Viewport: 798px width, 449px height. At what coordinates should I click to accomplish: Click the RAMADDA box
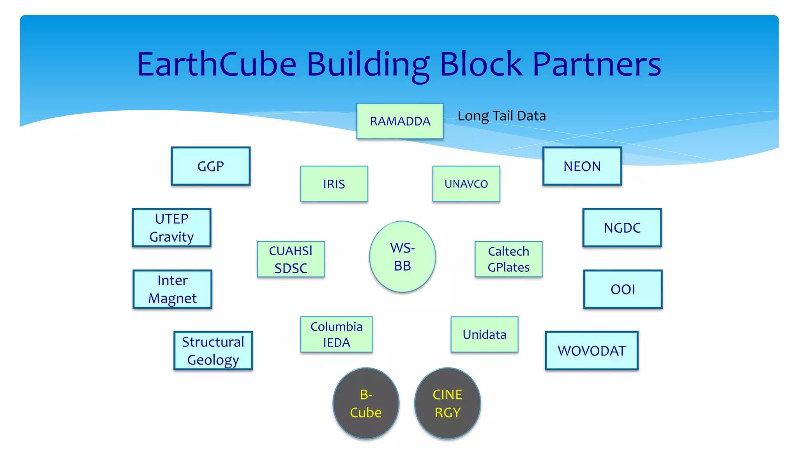(400, 121)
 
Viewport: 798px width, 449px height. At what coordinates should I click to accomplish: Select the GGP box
(210, 166)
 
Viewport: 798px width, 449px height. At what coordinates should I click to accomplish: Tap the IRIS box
(334, 184)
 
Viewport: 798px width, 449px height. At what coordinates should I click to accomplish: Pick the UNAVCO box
(466, 184)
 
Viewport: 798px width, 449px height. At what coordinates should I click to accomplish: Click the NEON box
(582, 166)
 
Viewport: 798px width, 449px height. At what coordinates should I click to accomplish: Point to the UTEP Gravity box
(171, 228)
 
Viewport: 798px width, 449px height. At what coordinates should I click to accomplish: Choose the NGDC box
(622, 228)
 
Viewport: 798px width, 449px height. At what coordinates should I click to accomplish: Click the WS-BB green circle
(403, 257)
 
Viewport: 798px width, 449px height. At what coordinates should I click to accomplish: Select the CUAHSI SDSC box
(291, 260)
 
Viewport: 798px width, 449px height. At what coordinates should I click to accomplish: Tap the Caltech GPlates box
(508, 260)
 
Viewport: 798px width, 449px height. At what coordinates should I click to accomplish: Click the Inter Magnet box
(172, 290)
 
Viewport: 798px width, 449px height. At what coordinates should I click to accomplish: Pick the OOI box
(623, 290)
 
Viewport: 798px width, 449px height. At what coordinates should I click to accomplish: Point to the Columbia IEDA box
(336, 335)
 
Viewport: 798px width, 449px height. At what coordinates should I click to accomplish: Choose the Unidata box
(484, 335)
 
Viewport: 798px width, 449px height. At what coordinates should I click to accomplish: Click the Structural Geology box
(213, 351)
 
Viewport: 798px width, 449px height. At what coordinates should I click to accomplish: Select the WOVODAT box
(591, 351)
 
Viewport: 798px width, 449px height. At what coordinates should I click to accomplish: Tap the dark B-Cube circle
(366, 403)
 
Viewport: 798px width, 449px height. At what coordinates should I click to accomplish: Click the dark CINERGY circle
(447, 403)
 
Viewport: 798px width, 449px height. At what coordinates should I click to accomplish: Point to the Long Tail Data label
(501, 116)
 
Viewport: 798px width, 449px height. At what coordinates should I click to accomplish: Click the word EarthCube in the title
(217, 64)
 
